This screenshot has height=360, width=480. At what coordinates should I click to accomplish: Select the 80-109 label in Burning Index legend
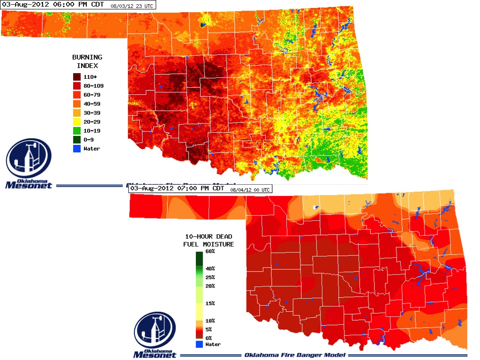[x=93, y=86]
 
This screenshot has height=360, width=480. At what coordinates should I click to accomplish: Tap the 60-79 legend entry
[x=91, y=95]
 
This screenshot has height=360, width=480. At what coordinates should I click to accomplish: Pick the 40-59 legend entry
[x=91, y=104]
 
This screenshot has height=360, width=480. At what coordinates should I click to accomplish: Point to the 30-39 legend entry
[x=91, y=112]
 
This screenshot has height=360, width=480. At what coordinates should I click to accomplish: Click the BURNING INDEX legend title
[x=87, y=61]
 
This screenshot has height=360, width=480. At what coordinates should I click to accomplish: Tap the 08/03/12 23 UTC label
[x=132, y=7]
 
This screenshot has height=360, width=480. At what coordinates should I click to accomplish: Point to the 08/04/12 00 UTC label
[x=250, y=189]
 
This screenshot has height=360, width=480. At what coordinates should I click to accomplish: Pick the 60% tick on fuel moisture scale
[x=210, y=252]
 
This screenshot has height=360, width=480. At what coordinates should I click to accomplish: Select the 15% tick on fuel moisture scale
[x=210, y=303]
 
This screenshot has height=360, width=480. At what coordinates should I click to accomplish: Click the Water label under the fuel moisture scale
[x=213, y=344]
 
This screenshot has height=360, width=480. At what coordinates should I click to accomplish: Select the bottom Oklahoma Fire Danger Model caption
[x=295, y=355]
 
